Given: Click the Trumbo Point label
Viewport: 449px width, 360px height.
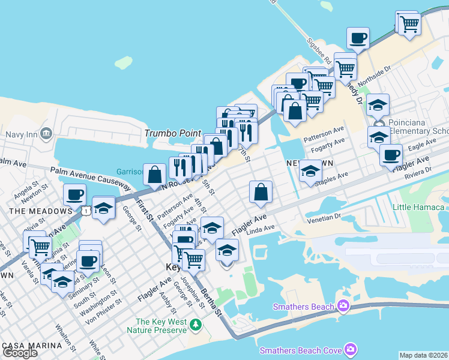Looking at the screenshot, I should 172,133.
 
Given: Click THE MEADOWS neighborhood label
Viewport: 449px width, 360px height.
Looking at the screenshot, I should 40,211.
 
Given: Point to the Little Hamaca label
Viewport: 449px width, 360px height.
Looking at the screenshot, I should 418,208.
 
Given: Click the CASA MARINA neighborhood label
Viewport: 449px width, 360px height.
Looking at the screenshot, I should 31,346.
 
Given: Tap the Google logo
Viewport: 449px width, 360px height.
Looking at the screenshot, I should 20,353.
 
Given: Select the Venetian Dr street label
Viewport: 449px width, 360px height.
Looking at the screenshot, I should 323,218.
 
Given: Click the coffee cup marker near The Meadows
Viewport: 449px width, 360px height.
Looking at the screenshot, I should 75,195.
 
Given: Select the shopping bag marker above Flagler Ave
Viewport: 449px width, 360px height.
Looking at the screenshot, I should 261,193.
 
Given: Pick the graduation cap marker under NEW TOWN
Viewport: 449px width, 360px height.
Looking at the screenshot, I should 310,172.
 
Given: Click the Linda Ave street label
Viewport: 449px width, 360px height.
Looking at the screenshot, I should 261,229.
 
